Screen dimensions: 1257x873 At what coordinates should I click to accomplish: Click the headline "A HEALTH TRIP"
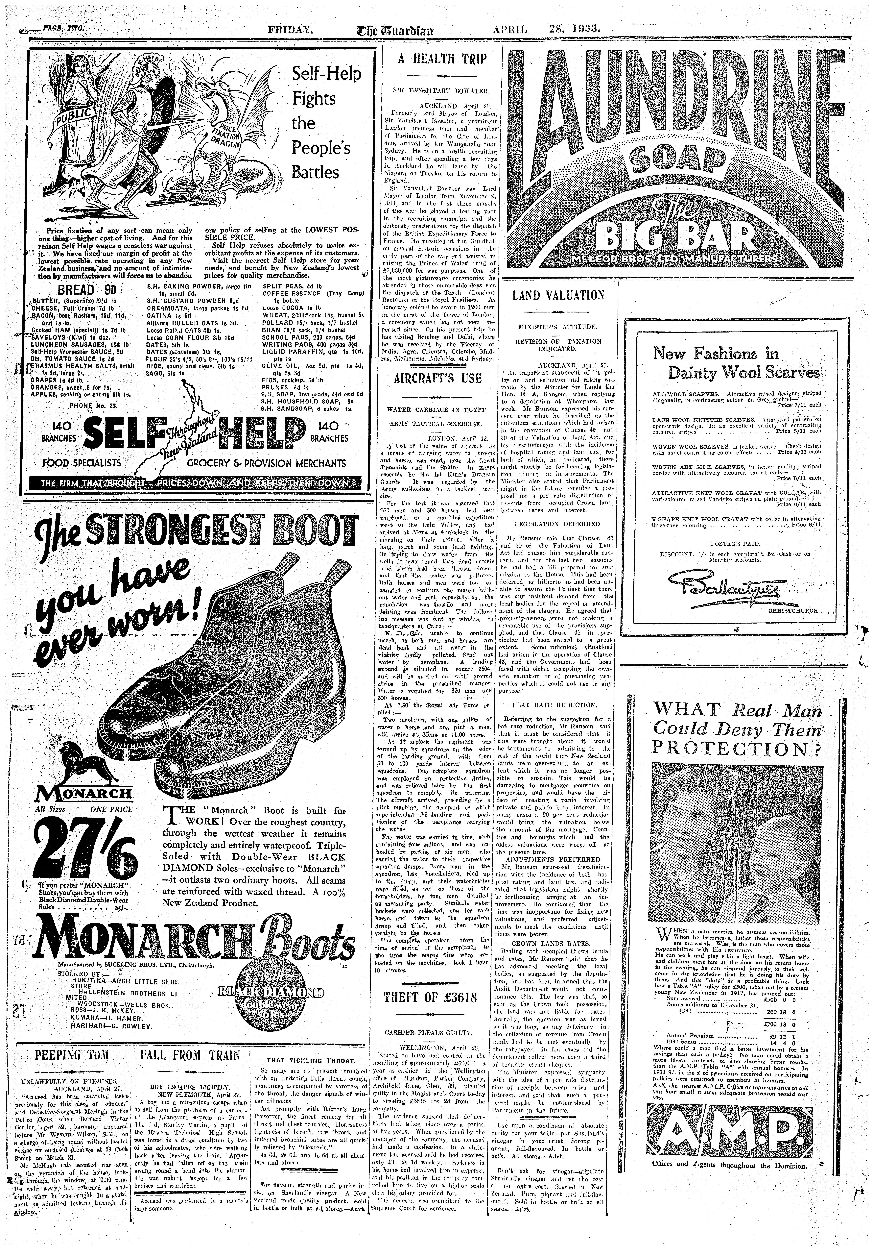pyautogui.click(x=442, y=59)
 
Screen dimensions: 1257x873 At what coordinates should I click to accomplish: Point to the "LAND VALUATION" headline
pyautogui.click(x=558, y=296)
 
